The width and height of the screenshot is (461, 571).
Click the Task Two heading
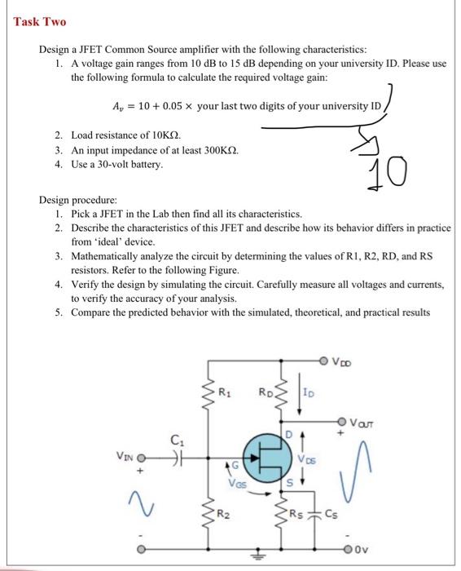click(x=39, y=21)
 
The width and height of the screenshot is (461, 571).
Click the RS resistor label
click(x=301, y=513)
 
